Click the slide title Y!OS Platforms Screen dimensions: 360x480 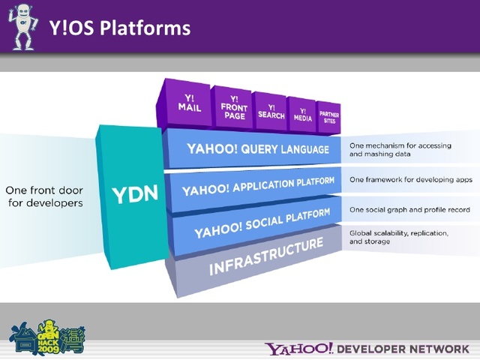coord(119,28)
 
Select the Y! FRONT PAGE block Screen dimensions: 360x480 coord(234,106)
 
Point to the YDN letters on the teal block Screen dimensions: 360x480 coord(134,195)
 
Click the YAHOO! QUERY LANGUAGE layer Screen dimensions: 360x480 coord(257,148)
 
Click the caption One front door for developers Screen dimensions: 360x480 coord(44,196)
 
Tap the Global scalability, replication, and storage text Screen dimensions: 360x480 coord(398,238)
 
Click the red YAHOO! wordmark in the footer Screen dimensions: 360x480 coord(298,349)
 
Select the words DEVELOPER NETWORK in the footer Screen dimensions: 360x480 coord(403,349)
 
